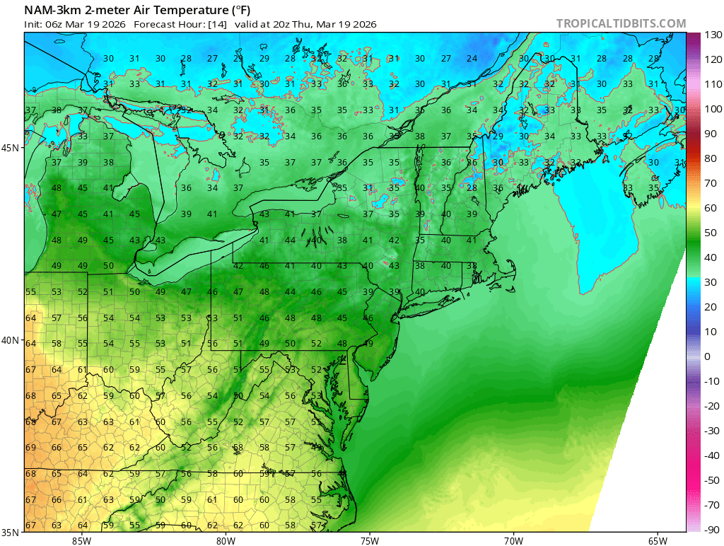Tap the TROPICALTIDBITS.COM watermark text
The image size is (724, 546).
[621, 24]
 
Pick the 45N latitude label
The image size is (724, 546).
[11, 149]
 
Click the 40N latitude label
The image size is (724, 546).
[11, 340]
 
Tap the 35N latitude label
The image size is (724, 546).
[11, 532]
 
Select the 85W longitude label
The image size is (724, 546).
[81, 541]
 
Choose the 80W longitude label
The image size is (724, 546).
[226, 541]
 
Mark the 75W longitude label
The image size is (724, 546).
[369, 541]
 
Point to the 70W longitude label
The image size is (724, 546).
[513, 541]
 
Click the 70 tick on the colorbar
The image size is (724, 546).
[710, 183]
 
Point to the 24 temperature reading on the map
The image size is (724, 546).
[472, 59]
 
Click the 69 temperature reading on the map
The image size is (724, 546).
[30, 448]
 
